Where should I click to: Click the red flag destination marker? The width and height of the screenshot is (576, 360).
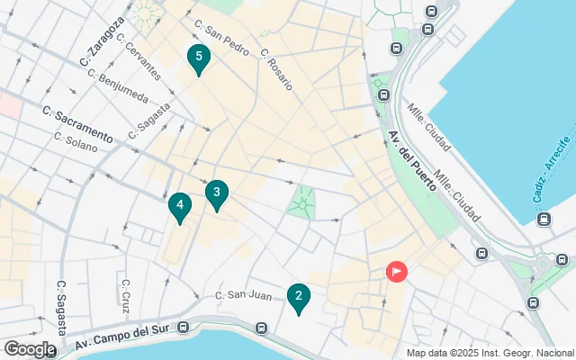click(396, 271)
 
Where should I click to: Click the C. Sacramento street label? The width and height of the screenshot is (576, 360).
click(78, 125)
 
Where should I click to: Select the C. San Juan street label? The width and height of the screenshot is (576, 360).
click(243, 294)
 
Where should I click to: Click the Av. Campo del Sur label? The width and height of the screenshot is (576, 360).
click(126, 335)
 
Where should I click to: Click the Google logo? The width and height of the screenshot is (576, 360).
click(30, 348)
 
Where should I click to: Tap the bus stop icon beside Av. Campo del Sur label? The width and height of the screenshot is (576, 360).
click(184, 328)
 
